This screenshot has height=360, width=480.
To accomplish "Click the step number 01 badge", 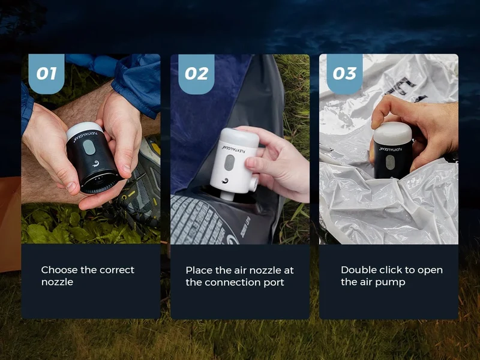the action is tap(47, 74).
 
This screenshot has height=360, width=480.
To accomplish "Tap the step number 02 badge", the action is tap(196, 74).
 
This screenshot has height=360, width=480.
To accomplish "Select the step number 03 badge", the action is tap(344, 74).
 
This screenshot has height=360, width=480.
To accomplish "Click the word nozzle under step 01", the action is tap(57, 282).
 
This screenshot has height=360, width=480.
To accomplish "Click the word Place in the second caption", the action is tap(199, 271).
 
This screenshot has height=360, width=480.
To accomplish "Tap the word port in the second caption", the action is tap(274, 283).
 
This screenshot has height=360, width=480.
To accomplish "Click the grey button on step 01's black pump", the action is tap(88, 147).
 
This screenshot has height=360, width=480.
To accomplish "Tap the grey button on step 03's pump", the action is tap(390, 162).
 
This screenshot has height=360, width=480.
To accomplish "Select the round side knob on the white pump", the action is tap(253, 184).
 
